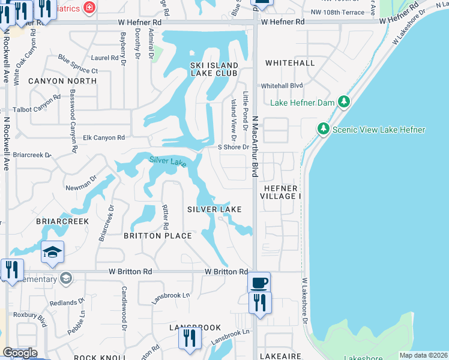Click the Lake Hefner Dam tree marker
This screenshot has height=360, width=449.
tap(343, 102)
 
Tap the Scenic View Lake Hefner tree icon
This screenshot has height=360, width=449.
tap(323, 129)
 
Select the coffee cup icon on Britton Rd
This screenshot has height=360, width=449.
tap(259, 282)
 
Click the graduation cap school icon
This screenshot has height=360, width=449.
tap(52, 253)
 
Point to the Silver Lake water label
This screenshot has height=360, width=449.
tap(167, 161)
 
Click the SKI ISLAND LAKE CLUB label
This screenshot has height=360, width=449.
tap(214, 69)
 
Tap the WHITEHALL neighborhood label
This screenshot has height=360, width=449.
tap(290, 63)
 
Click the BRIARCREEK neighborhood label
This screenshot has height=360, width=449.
tap(62, 221)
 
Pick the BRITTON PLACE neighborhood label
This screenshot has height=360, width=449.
tap(158, 236)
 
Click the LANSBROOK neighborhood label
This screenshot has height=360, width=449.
tap(187, 328)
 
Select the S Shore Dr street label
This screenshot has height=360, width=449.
tap(233, 147)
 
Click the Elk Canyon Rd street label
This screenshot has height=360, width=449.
tap(104, 137)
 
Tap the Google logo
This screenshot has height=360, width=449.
tap(20, 353)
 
